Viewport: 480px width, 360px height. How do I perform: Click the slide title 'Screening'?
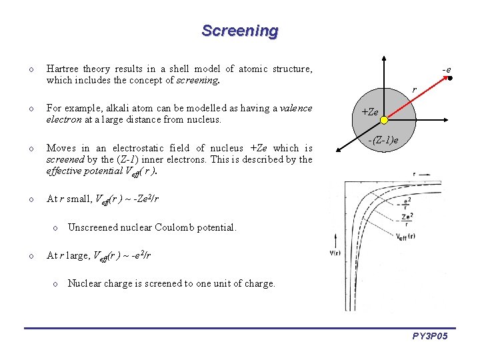pyautogui.click(x=240, y=31)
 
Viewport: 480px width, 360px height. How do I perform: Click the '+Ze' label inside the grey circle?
pyautogui.click(x=370, y=113)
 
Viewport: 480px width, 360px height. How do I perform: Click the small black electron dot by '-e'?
pyautogui.click(x=451, y=79)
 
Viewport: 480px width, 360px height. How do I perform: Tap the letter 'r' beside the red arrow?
pyautogui.click(x=414, y=89)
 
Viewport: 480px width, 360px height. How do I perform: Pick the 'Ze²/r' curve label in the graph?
pyautogui.click(x=407, y=216)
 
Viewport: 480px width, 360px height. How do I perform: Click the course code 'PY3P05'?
pyautogui.click(x=430, y=337)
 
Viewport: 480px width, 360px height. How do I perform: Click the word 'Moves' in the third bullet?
pyautogui.click(x=61, y=148)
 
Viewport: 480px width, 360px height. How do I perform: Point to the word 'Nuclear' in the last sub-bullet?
pyautogui.click(x=85, y=283)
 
